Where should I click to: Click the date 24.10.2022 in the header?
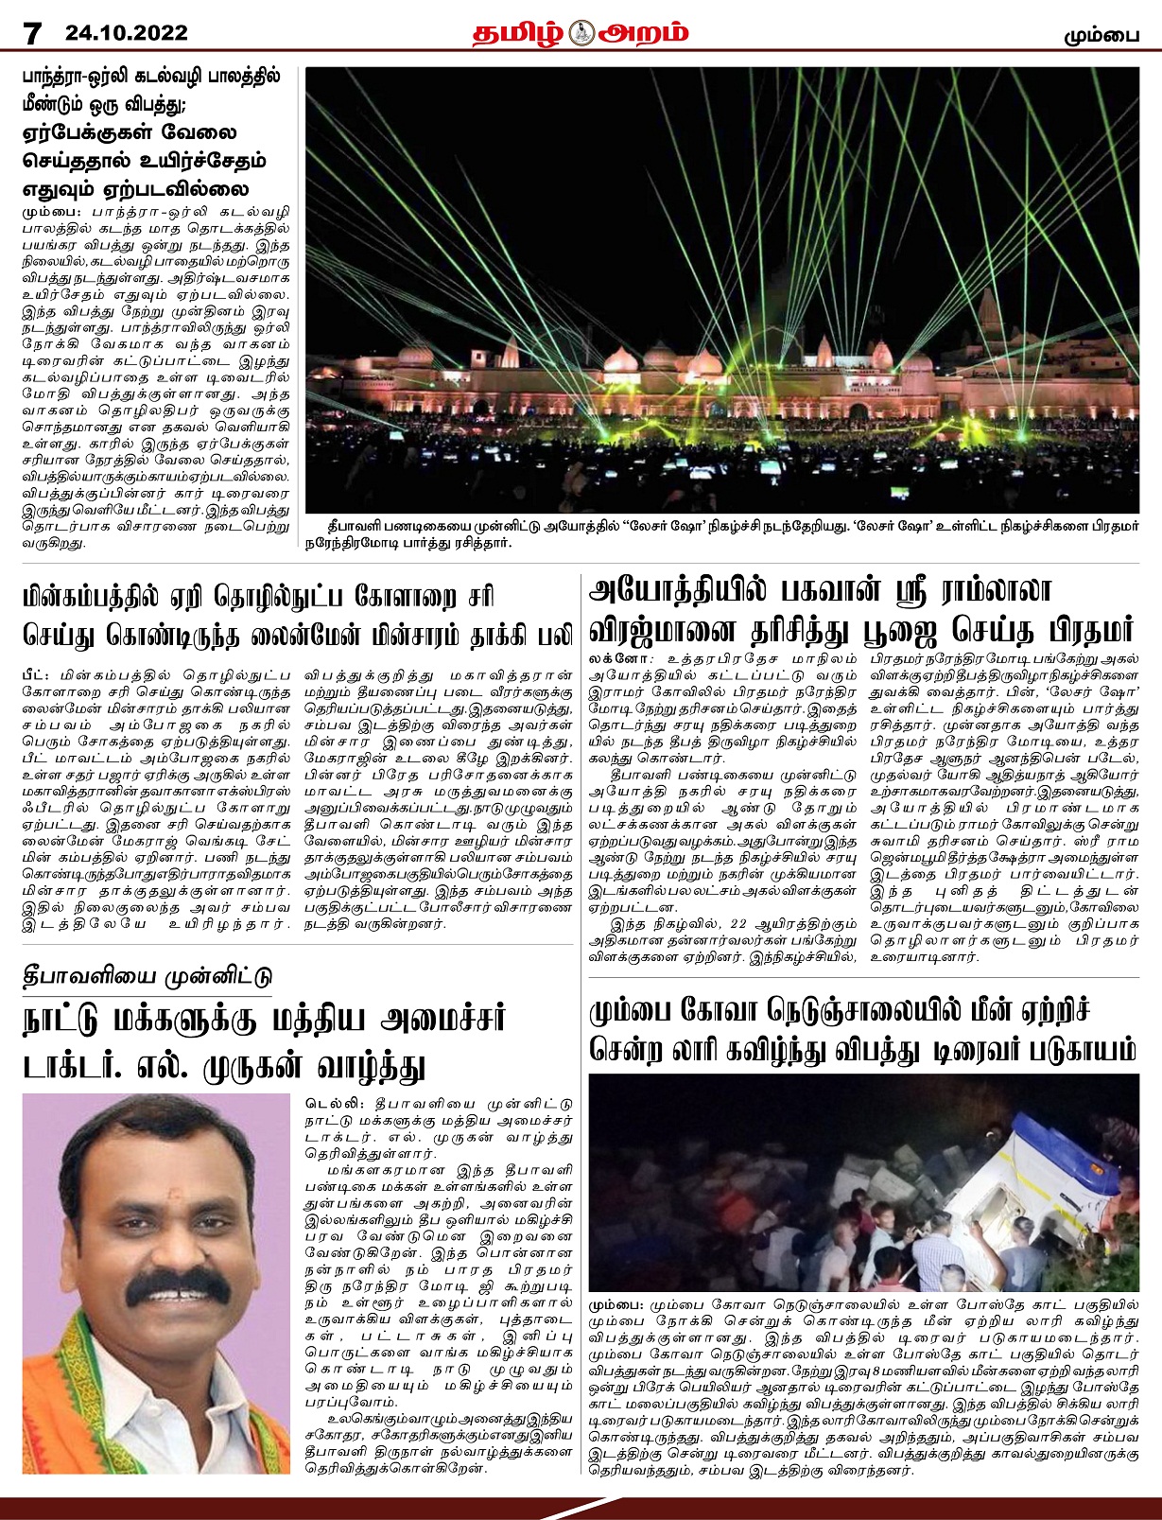point(127,34)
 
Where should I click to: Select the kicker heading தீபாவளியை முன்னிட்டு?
point(147,976)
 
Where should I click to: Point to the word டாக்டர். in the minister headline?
point(77,1065)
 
